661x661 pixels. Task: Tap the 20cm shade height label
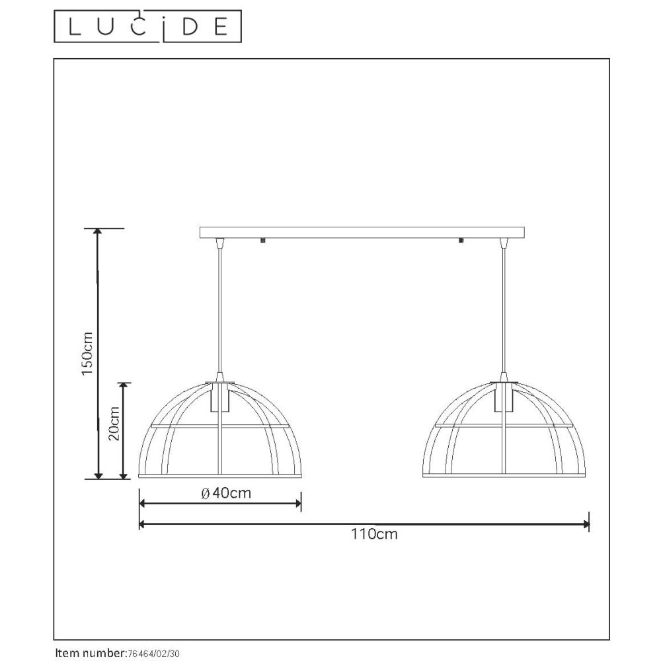pos(114,423)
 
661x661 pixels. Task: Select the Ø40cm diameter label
pos(226,492)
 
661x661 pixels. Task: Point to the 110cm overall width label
pos(374,534)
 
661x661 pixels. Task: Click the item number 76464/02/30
pos(153,654)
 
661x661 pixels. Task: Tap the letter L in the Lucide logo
pos(74,27)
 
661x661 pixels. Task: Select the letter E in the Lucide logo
pos(221,27)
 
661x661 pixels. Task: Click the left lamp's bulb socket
pos(219,397)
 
